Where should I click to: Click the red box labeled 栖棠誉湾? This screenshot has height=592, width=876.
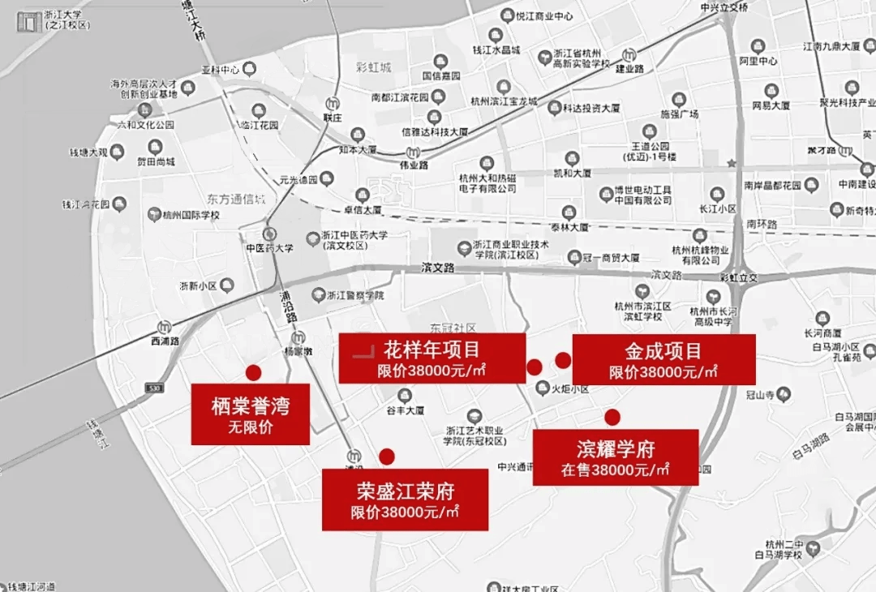[250, 414]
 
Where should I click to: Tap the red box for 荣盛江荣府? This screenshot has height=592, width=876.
[405, 500]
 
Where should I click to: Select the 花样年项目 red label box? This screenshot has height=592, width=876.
[432, 358]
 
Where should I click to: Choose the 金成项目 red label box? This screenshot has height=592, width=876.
[663, 359]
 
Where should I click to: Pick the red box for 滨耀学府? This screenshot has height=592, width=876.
[615, 457]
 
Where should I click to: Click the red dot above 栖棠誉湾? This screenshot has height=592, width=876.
[253, 372]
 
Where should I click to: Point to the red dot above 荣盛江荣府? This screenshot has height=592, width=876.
[387, 457]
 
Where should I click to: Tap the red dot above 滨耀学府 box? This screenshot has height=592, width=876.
[612, 417]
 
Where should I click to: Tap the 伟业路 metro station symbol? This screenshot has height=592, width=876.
[414, 152]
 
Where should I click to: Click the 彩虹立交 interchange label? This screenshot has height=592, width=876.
[737, 277]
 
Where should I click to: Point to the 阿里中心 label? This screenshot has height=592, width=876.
[758, 61]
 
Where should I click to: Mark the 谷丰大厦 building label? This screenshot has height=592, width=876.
[405, 410]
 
